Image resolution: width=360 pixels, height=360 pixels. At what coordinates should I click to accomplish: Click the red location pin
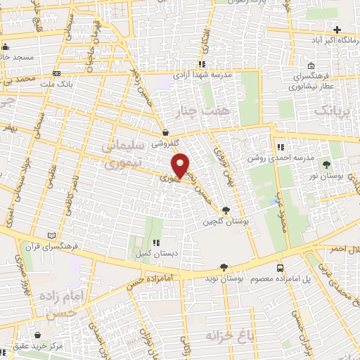(181, 165)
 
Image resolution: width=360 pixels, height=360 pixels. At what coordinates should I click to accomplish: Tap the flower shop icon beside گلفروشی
(165, 132)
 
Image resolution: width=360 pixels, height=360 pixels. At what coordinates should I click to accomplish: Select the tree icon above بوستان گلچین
(226, 210)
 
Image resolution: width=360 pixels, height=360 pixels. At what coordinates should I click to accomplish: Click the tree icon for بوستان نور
(326, 164)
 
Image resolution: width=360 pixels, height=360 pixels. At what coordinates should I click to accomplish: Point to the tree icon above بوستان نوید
(224, 267)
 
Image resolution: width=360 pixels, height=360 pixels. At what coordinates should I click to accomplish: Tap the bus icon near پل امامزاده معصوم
(281, 268)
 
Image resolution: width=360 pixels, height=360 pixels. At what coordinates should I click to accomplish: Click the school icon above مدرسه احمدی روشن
(280, 148)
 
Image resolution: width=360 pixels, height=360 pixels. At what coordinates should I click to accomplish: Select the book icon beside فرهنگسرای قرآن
(49, 236)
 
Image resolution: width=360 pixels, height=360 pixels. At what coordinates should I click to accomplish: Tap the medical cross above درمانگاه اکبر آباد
(337, 30)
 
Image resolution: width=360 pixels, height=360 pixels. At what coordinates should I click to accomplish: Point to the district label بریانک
(330, 110)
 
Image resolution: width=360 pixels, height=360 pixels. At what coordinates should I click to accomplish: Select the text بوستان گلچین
(217, 221)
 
